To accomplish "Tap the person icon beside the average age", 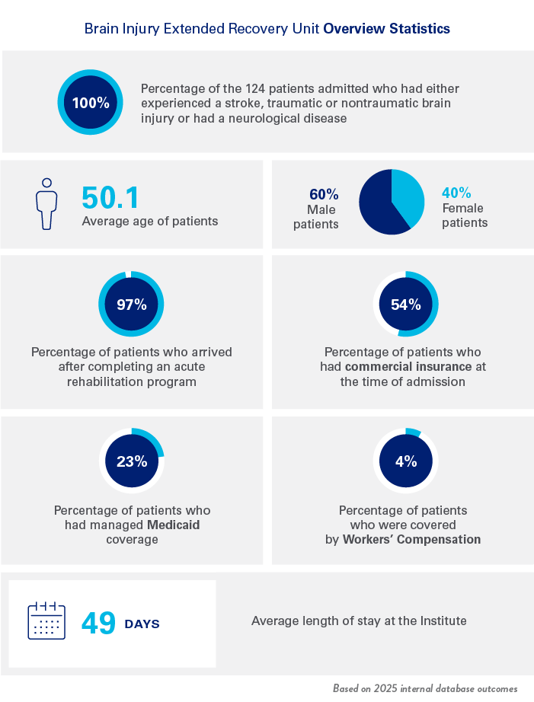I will coord(47,203).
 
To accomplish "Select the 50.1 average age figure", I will coord(111,197).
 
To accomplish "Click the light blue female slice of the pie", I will coord(410,195).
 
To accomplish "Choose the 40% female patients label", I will coord(457,193).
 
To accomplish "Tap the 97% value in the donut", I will coord(131,305).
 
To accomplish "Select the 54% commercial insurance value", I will coord(406,305).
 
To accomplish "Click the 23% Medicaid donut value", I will coord(131,461).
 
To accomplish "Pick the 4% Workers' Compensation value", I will coord(406,461).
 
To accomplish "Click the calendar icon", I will coord(47,621).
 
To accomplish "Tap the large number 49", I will coord(98,624).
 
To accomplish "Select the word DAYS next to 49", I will coord(142,624).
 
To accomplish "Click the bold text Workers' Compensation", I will coord(411,539).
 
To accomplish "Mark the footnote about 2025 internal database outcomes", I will coord(425,688).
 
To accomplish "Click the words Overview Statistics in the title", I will coord(387,29).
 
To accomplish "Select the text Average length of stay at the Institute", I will coord(359,621).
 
